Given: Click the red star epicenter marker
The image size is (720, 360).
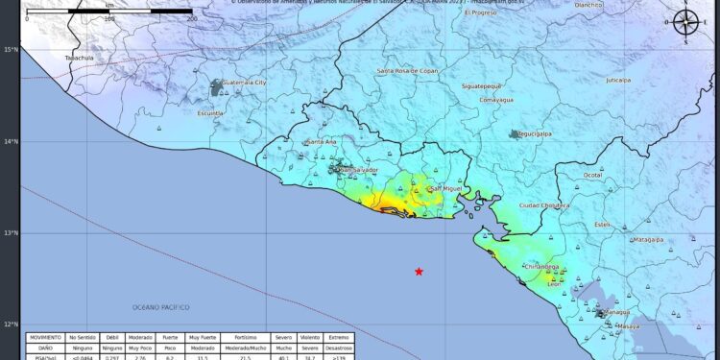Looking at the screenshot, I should (x=419, y=272).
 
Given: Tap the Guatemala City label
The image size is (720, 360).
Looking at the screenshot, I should (x=243, y=84).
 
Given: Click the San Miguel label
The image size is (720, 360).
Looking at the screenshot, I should (x=446, y=188).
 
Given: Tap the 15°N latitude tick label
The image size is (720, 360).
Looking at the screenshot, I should (x=11, y=50).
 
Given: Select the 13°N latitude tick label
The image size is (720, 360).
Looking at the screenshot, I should (x=11, y=233).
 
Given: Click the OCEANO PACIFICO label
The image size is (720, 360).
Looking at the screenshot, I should (x=161, y=307).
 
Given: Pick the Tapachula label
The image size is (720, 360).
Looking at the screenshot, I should (x=79, y=58).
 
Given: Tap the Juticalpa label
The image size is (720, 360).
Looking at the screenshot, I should (x=618, y=81).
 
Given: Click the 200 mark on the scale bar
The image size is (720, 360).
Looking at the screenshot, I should (x=191, y=18).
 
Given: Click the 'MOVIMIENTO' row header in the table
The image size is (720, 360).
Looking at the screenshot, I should (x=45, y=338).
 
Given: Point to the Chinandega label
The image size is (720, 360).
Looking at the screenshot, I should (x=540, y=267).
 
